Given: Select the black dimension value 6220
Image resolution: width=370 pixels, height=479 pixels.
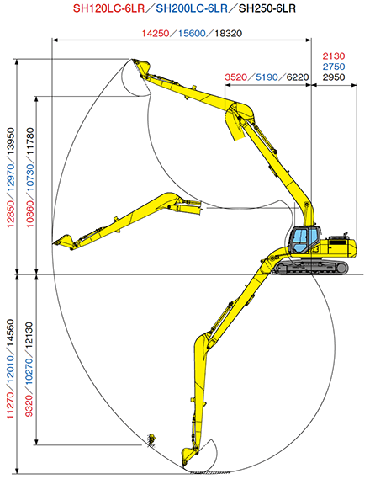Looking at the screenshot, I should (x=297, y=77).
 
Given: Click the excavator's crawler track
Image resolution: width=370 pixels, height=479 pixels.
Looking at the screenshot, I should (x=313, y=267).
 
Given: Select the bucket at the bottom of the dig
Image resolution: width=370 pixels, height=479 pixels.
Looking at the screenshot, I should (x=198, y=455).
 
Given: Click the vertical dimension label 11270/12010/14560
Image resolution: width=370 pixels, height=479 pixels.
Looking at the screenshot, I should (x=10, y=370).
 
